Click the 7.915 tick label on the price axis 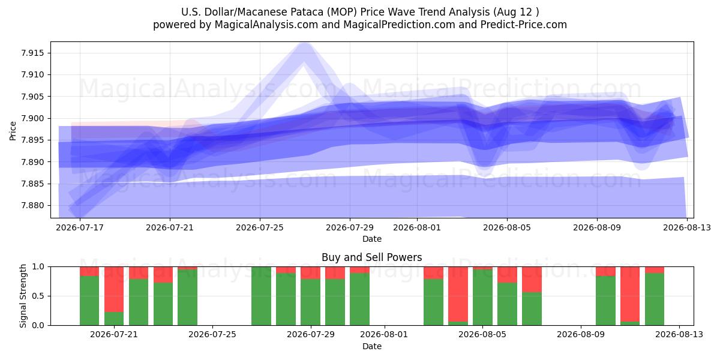click(32, 53)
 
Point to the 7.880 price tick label click(32, 205)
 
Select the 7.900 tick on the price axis click(32, 118)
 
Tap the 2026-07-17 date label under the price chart click(80, 227)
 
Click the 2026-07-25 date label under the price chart click(260, 227)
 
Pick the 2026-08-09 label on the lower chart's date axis click(581, 335)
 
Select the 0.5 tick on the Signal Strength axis click(38, 296)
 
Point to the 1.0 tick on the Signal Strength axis click(38, 267)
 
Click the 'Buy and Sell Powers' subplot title click(372, 257)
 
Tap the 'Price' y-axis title click(13, 131)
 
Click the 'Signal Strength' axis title click(23, 296)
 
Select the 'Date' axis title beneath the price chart click(372, 239)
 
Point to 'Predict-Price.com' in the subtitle click(524, 25)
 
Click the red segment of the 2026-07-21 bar click(114, 289)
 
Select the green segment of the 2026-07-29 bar click(311, 302)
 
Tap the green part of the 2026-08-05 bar click(482, 298)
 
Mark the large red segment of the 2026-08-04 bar click(458, 294)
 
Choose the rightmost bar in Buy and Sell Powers click(655, 296)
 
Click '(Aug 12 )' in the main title click(516, 12)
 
